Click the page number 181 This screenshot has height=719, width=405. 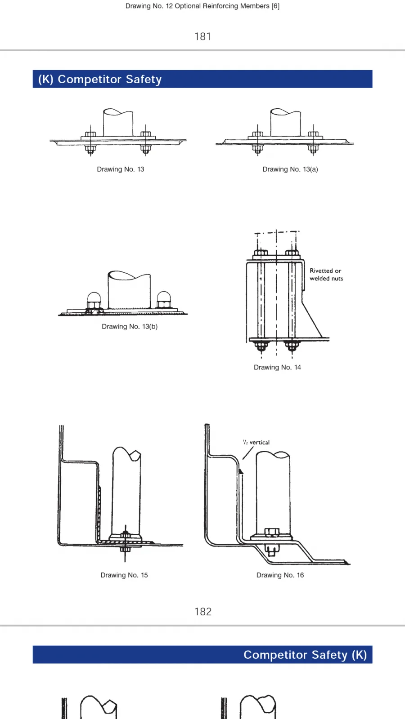pos(202,36)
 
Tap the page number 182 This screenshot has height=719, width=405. pos(203,612)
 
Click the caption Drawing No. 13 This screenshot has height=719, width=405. pos(121,169)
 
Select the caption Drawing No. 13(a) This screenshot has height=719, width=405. pos(290,169)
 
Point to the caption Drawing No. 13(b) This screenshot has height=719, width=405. pos(130,326)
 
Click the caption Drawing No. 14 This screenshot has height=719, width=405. pos(277,367)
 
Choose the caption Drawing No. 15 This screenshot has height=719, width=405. pos(124,575)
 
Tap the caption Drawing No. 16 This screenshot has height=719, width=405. pos(280,575)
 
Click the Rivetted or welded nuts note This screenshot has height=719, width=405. pos(326,275)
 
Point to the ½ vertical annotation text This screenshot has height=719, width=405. pos(256,442)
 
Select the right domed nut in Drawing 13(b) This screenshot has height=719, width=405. pos(163,299)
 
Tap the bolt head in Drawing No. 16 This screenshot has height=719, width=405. pos(272,532)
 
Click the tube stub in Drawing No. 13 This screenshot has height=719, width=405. pos(118,122)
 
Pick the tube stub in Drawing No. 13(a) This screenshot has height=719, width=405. pos(285,122)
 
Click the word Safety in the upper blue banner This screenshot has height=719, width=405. pos(144,79)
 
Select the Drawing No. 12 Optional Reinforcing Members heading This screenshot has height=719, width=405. pos(202,6)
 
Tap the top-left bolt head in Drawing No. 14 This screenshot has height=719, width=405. pos(261,253)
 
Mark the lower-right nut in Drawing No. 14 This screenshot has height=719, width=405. pos(292,346)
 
